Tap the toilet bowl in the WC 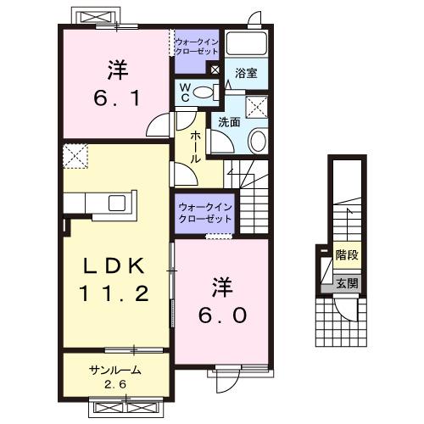click(x=202, y=92)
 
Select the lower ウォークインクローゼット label click(x=204, y=215)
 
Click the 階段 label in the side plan click(x=345, y=253)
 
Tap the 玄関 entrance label click(x=345, y=282)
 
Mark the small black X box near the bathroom click(x=215, y=70)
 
